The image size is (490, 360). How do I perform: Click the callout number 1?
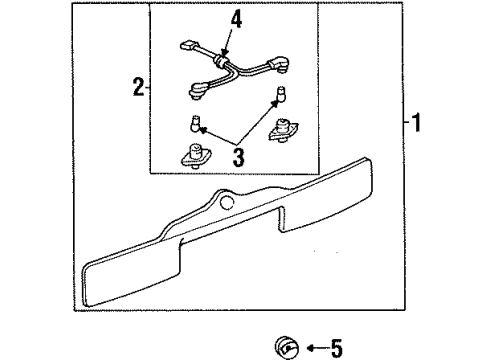coord(416,123)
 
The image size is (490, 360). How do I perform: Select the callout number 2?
coord(139,87)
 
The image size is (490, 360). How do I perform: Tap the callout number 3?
coord(238,157)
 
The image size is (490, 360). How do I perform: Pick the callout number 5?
coord(336,349)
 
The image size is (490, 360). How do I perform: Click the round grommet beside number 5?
coord(287,348)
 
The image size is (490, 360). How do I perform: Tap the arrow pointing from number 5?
coord(317,349)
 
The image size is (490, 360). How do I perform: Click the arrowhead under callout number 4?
coord(224,52)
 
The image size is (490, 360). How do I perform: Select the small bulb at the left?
coord(194,123)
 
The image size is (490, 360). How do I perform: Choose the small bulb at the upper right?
coord(282,94)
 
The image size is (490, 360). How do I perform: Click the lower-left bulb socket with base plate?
coord(196,156)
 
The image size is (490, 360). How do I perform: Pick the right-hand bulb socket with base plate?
coord(283,131)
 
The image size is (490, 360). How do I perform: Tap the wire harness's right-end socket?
coord(279,64)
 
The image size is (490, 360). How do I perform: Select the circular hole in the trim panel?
coord(227,203)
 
